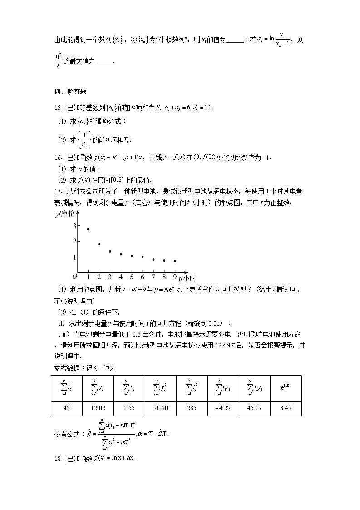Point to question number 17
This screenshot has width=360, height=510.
click(58, 191)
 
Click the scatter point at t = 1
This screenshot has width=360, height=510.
click(88, 229)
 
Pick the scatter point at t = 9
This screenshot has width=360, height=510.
click(175, 261)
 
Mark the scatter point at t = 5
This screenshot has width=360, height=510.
click(132, 256)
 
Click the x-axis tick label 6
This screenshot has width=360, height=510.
click(143, 277)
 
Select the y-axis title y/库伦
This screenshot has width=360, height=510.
click(64, 214)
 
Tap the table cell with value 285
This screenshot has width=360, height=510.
click(192, 408)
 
